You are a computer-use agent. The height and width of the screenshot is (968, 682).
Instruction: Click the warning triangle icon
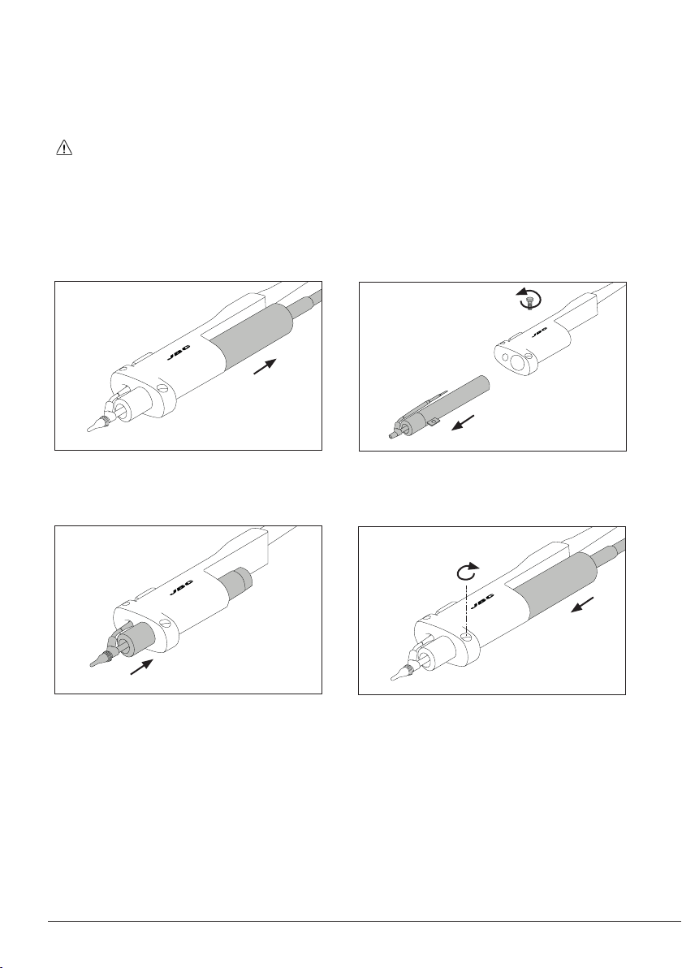(x=64, y=148)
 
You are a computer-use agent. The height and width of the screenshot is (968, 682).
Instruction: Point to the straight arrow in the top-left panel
(x=265, y=365)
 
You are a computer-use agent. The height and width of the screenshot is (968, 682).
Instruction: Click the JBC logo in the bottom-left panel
(x=179, y=590)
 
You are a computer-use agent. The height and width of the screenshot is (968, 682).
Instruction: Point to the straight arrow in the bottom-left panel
(x=142, y=667)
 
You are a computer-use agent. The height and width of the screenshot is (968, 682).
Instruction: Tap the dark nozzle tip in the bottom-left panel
(x=99, y=659)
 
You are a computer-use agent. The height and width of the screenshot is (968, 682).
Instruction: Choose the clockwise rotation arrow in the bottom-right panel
(x=467, y=572)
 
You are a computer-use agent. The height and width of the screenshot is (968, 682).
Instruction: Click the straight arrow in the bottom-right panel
(x=583, y=604)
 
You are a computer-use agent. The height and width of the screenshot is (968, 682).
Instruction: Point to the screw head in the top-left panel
(x=163, y=389)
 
